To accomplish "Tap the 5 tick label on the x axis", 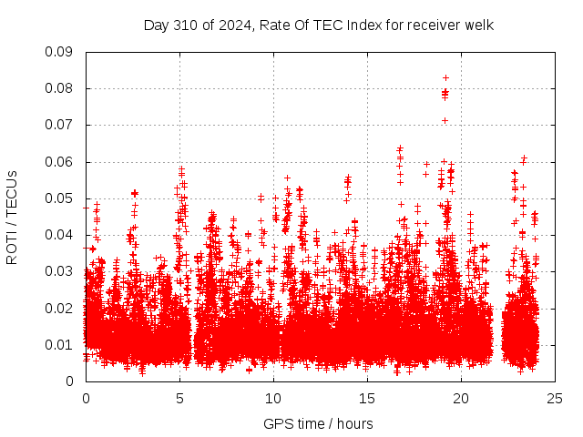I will pyautogui.click(x=179, y=399).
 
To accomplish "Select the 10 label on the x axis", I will pyautogui.click(x=273, y=399).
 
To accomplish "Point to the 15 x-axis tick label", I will pyautogui.click(x=367, y=399).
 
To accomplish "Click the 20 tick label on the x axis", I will pyautogui.click(x=461, y=399).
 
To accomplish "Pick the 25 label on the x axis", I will pyautogui.click(x=555, y=399).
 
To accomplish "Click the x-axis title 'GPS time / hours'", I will pyautogui.click(x=318, y=423).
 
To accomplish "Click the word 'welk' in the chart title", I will pyautogui.click(x=479, y=25).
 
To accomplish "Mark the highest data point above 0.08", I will pyautogui.click(x=445, y=77).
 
